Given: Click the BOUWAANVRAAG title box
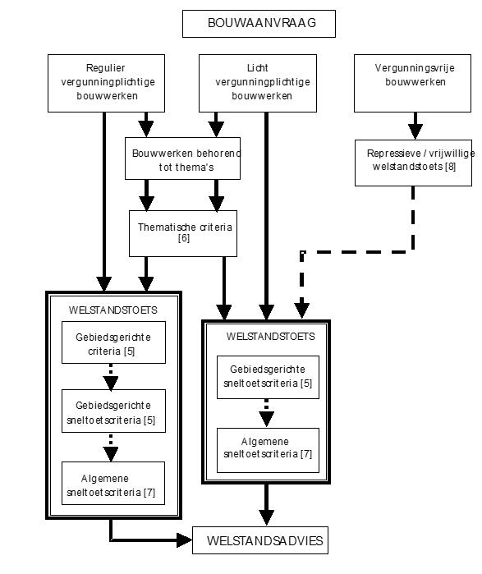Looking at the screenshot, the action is tap(259, 24).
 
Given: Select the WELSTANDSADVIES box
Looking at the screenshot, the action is tap(260, 540).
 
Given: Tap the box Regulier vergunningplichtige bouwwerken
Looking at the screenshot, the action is tap(106, 83).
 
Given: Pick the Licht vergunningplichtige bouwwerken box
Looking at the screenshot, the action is tap(258, 83).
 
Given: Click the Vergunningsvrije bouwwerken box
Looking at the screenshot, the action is tap(412, 83).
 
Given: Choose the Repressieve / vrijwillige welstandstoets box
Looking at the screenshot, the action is tap(413, 163).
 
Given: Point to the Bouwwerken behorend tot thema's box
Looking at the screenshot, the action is tap(182, 158).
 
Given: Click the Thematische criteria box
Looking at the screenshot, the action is tap(183, 233).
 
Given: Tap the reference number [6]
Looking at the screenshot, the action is tap(184, 238).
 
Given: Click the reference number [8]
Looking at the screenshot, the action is tap(450, 167).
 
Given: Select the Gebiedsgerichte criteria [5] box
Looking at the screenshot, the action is tap(113, 342).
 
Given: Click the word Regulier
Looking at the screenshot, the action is tap(105, 68).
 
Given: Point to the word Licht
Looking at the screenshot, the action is tap(258, 68).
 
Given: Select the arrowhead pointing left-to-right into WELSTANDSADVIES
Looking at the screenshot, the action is tap(184, 540).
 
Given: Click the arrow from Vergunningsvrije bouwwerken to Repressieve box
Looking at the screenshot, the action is tap(415, 126).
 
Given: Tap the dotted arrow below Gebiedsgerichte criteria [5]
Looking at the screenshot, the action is tap(111, 377).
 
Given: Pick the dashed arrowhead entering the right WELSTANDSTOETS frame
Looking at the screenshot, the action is tap(302, 310).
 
